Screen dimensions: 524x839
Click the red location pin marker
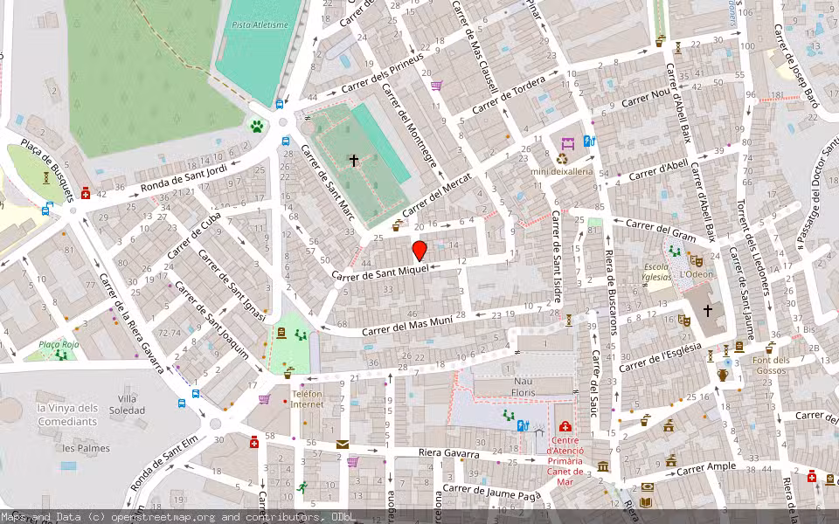(419, 251)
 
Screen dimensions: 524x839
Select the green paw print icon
(257, 127)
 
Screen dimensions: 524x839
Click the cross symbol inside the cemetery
(354, 160)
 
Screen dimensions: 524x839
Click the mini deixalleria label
(562, 172)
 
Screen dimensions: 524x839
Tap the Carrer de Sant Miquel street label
(380, 272)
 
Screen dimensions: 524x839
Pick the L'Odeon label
(697, 274)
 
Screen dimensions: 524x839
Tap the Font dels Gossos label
(771, 366)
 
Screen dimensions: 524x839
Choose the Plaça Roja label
(59, 345)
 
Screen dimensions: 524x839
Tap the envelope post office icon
(342, 445)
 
